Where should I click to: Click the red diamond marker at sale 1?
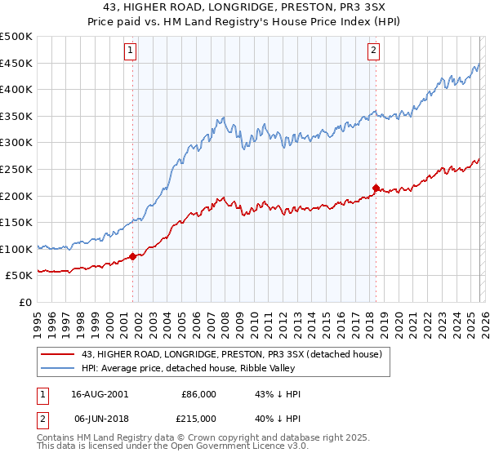click(x=132, y=256)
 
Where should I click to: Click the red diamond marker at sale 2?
click(x=376, y=188)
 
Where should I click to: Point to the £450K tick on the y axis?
click(x=16, y=64)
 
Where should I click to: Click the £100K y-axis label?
click(x=16, y=249)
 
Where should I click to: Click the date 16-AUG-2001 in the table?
click(x=98, y=393)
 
